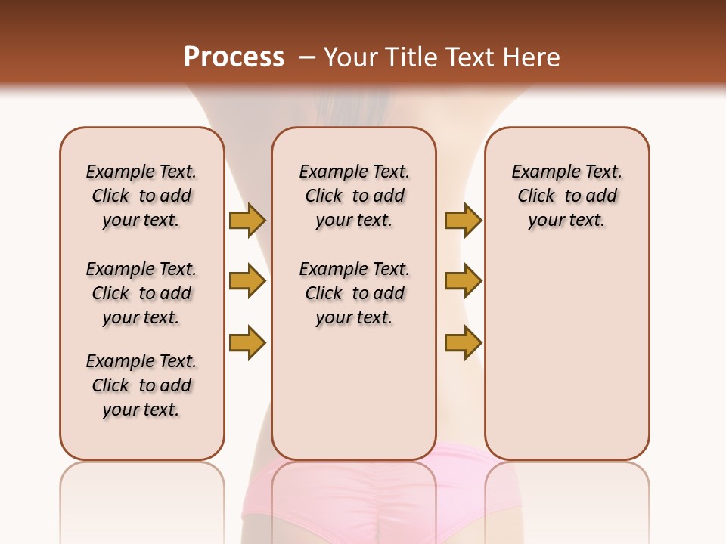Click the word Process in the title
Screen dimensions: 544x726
[234, 57]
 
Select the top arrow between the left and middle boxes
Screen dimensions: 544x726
[247, 221]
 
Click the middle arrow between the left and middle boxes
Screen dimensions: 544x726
[247, 282]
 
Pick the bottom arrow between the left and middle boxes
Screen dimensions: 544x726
[247, 342]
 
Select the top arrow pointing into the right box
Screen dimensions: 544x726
[463, 221]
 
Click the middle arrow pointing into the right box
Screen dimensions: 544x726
[463, 282]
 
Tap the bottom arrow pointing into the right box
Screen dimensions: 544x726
[463, 342]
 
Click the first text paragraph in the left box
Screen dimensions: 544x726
[141, 196]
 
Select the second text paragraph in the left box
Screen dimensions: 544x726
[141, 293]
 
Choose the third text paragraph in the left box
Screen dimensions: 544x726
[141, 385]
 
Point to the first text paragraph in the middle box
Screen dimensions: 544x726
[354, 196]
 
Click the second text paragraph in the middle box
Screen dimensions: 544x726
[354, 293]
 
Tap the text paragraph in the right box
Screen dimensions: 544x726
[566, 196]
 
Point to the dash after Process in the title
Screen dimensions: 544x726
[306, 57]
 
